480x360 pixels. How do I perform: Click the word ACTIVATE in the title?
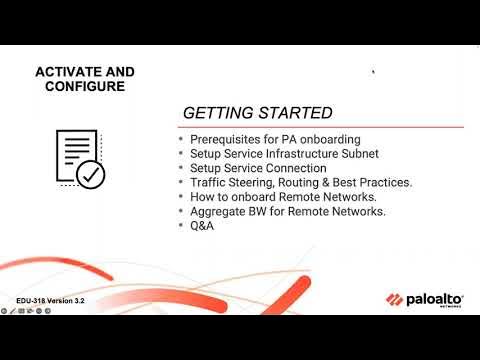[x=70, y=72]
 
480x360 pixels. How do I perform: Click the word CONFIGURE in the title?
[x=85, y=87]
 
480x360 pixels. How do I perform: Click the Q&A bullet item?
[x=202, y=226]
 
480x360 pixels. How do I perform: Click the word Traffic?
[x=206, y=183]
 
